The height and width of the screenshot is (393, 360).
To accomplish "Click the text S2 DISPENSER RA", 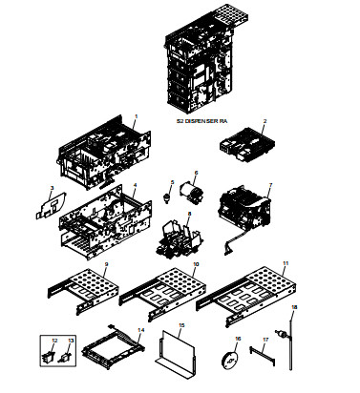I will pos(201,123).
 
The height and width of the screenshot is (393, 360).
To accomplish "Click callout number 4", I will pos(135,183).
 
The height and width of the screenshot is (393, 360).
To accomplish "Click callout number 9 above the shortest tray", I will pos(106,263).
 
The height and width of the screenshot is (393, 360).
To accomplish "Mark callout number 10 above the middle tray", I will pos(197,262).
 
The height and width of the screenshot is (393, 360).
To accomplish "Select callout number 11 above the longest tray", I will pos(284,260).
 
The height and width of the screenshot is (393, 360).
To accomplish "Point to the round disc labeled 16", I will pos(230,362).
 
